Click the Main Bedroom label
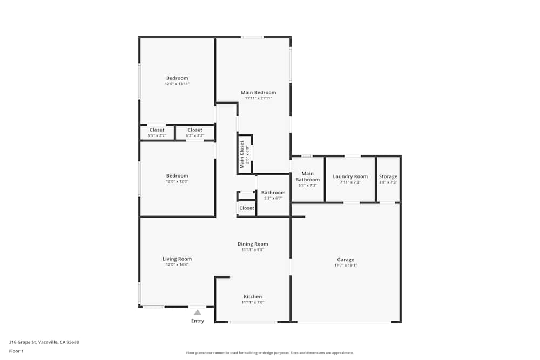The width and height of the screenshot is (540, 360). point(258,92)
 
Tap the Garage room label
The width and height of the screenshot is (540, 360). point(346,260)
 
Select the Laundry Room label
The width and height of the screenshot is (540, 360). point(350,176)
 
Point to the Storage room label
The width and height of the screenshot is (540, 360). point(388,176)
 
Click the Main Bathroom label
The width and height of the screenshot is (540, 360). point(307,176)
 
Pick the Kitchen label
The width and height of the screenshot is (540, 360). point(253,297)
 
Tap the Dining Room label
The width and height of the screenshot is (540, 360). point(253,244)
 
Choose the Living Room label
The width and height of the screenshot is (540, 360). point(177,259)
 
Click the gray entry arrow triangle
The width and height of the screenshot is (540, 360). point(198,312)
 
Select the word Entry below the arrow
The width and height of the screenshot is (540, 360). point(198,321)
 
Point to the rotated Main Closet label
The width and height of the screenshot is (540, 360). point(242,154)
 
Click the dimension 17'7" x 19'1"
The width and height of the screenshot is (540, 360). point(346,265)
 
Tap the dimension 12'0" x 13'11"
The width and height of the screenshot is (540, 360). point(177,84)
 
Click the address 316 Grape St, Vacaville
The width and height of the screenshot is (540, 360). point(43,342)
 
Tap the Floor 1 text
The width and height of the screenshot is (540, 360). point(16,351)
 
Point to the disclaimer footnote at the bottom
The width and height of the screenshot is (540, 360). point(269,352)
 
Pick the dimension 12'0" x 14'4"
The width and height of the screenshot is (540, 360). point(177,264)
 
